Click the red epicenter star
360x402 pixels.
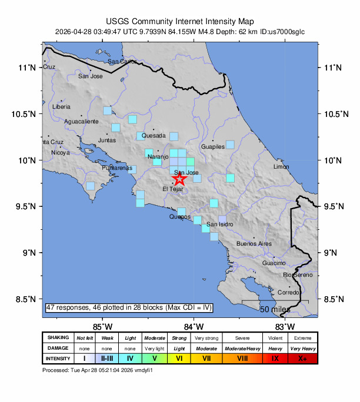point(179,178)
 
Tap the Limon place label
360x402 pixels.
point(281,167)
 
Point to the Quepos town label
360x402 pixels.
point(180,217)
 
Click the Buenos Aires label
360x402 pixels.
point(254,243)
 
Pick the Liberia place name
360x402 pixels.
point(61,107)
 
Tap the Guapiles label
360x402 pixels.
point(213,147)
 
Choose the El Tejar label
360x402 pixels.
point(172,189)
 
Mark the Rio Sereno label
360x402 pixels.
point(297,274)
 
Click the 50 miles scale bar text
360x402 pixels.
point(275,309)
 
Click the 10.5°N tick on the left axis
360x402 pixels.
point(26,113)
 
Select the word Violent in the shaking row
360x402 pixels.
point(275,338)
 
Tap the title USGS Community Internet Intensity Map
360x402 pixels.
point(180,20)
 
